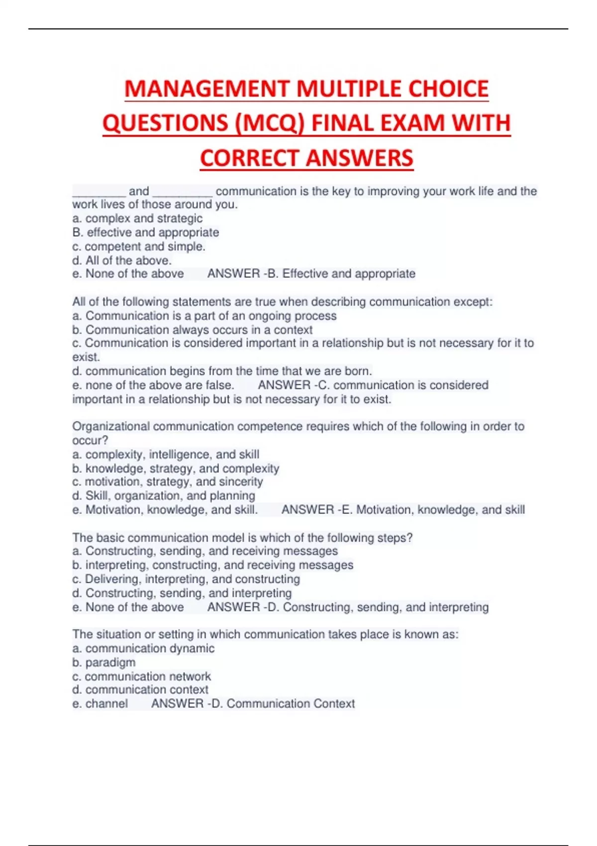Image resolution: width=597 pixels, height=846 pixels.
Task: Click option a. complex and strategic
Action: point(137,218)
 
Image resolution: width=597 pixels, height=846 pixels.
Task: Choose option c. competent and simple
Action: point(139,246)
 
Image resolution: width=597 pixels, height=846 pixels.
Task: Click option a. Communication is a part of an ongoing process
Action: point(204,316)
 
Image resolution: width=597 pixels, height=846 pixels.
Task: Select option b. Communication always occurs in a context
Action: point(193,330)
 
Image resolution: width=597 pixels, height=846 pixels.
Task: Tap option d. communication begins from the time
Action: point(222,371)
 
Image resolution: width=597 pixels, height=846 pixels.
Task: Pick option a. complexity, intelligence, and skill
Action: point(166,454)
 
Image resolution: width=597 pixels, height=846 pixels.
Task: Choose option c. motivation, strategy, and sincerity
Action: point(168,482)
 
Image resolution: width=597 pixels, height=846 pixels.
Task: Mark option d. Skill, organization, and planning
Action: point(164,496)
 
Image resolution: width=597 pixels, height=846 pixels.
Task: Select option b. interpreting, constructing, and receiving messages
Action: point(213,565)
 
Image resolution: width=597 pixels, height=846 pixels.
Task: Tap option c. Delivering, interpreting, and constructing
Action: point(186,579)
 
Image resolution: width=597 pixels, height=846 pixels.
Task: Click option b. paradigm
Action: point(104,663)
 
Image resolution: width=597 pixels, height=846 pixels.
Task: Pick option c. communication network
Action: point(142,677)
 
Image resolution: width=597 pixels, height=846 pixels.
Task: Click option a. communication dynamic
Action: point(143,648)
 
